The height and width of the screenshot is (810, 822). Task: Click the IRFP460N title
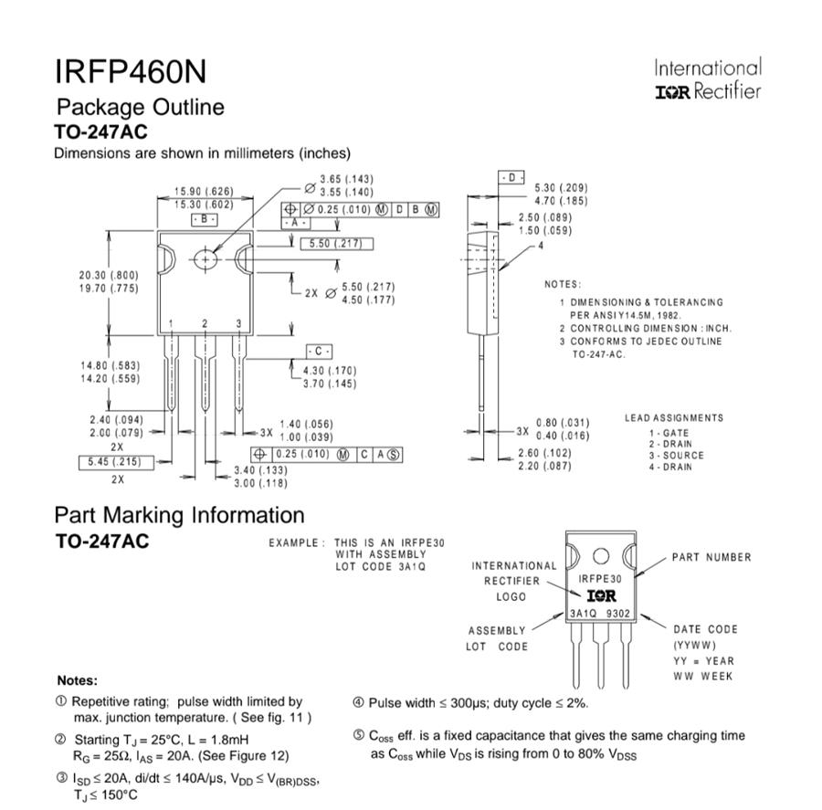132,70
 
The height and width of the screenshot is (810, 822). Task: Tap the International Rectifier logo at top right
707,79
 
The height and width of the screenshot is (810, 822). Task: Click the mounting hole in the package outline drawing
206,259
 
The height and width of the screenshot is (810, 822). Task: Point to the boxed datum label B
204,220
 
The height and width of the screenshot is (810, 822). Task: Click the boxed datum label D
511,176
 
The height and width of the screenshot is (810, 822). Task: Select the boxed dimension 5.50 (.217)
335,244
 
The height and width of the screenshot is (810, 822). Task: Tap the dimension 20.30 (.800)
108,276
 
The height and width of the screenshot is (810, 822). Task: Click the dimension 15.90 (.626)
204,192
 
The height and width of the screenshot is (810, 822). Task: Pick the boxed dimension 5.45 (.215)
114,462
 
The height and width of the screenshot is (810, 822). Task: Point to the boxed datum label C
319,352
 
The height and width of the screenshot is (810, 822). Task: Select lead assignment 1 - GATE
669,433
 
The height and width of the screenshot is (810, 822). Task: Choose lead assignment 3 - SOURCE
676,455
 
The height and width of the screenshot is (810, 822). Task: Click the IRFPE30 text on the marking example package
600,579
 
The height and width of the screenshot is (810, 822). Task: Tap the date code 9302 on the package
618,615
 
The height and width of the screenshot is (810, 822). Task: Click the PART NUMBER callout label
711,557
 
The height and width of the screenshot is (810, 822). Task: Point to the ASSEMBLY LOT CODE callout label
498,638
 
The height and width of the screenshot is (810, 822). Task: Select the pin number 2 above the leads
205,324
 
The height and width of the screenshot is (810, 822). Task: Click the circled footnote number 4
359,703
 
